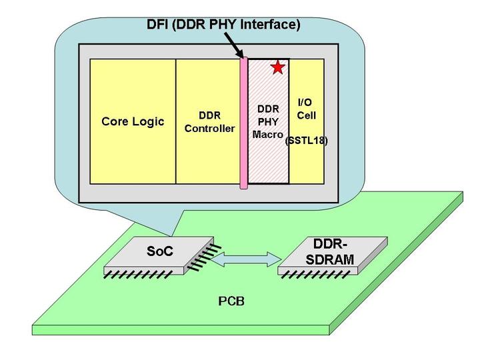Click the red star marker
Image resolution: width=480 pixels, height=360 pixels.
pyautogui.click(x=277, y=67)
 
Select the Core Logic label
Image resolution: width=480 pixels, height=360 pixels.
pyautogui.click(x=133, y=122)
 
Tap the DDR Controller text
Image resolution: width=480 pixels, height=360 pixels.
pyautogui.click(x=209, y=121)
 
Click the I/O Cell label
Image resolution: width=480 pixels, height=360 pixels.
pyautogui.click(x=307, y=109)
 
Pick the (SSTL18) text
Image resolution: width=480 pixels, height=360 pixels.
pyautogui.click(x=306, y=141)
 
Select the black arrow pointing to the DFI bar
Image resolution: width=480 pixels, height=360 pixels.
pyautogui.click(x=233, y=45)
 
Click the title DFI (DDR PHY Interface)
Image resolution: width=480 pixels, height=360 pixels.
pyautogui.click(x=223, y=25)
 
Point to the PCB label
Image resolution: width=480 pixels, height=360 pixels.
pyautogui.click(x=232, y=301)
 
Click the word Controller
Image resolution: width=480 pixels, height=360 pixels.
pyautogui.click(x=209, y=128)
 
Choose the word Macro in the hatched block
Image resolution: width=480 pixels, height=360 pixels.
pyautogui.click(x=268, y=134)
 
